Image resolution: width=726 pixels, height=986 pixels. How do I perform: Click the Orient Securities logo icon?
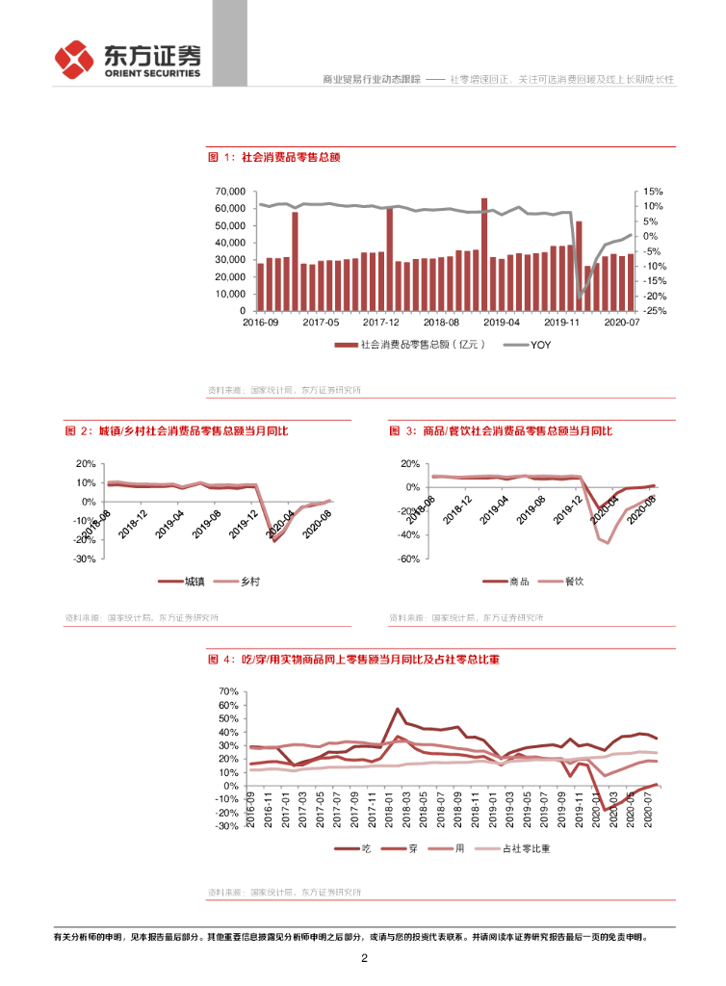[x=73, y=60]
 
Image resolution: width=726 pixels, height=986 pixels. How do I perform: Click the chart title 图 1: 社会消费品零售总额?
[x=275, y=156]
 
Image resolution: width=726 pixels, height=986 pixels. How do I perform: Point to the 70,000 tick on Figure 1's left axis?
[x=229, y=192]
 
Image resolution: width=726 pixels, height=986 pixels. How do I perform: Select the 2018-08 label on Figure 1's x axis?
[x=441, y=324]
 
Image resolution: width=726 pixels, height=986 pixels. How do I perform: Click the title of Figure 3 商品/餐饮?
[x=501, y=430]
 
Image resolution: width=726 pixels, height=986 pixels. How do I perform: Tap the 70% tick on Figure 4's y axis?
[x=228, y=691]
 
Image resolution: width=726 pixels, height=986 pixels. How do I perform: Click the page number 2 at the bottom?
[x=364, y=959]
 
